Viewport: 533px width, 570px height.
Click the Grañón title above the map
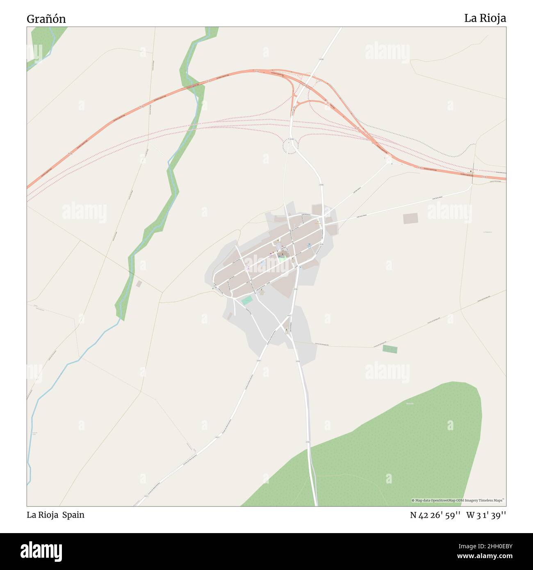point(46,19)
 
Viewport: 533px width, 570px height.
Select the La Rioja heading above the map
point(485,18)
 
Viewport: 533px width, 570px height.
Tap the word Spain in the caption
point(73,515)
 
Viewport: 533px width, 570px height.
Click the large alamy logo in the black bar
point(41,551)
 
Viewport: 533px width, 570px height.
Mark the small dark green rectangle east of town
point(389,349)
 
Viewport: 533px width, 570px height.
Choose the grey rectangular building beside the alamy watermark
point(410,219)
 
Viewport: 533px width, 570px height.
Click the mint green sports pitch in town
point(246,301)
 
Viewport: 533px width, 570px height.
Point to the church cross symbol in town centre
point(282,254)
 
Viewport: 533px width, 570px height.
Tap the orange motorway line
point(123,117)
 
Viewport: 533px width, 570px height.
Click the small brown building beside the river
point(139,284)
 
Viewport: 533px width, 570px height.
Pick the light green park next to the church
point(282,259)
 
